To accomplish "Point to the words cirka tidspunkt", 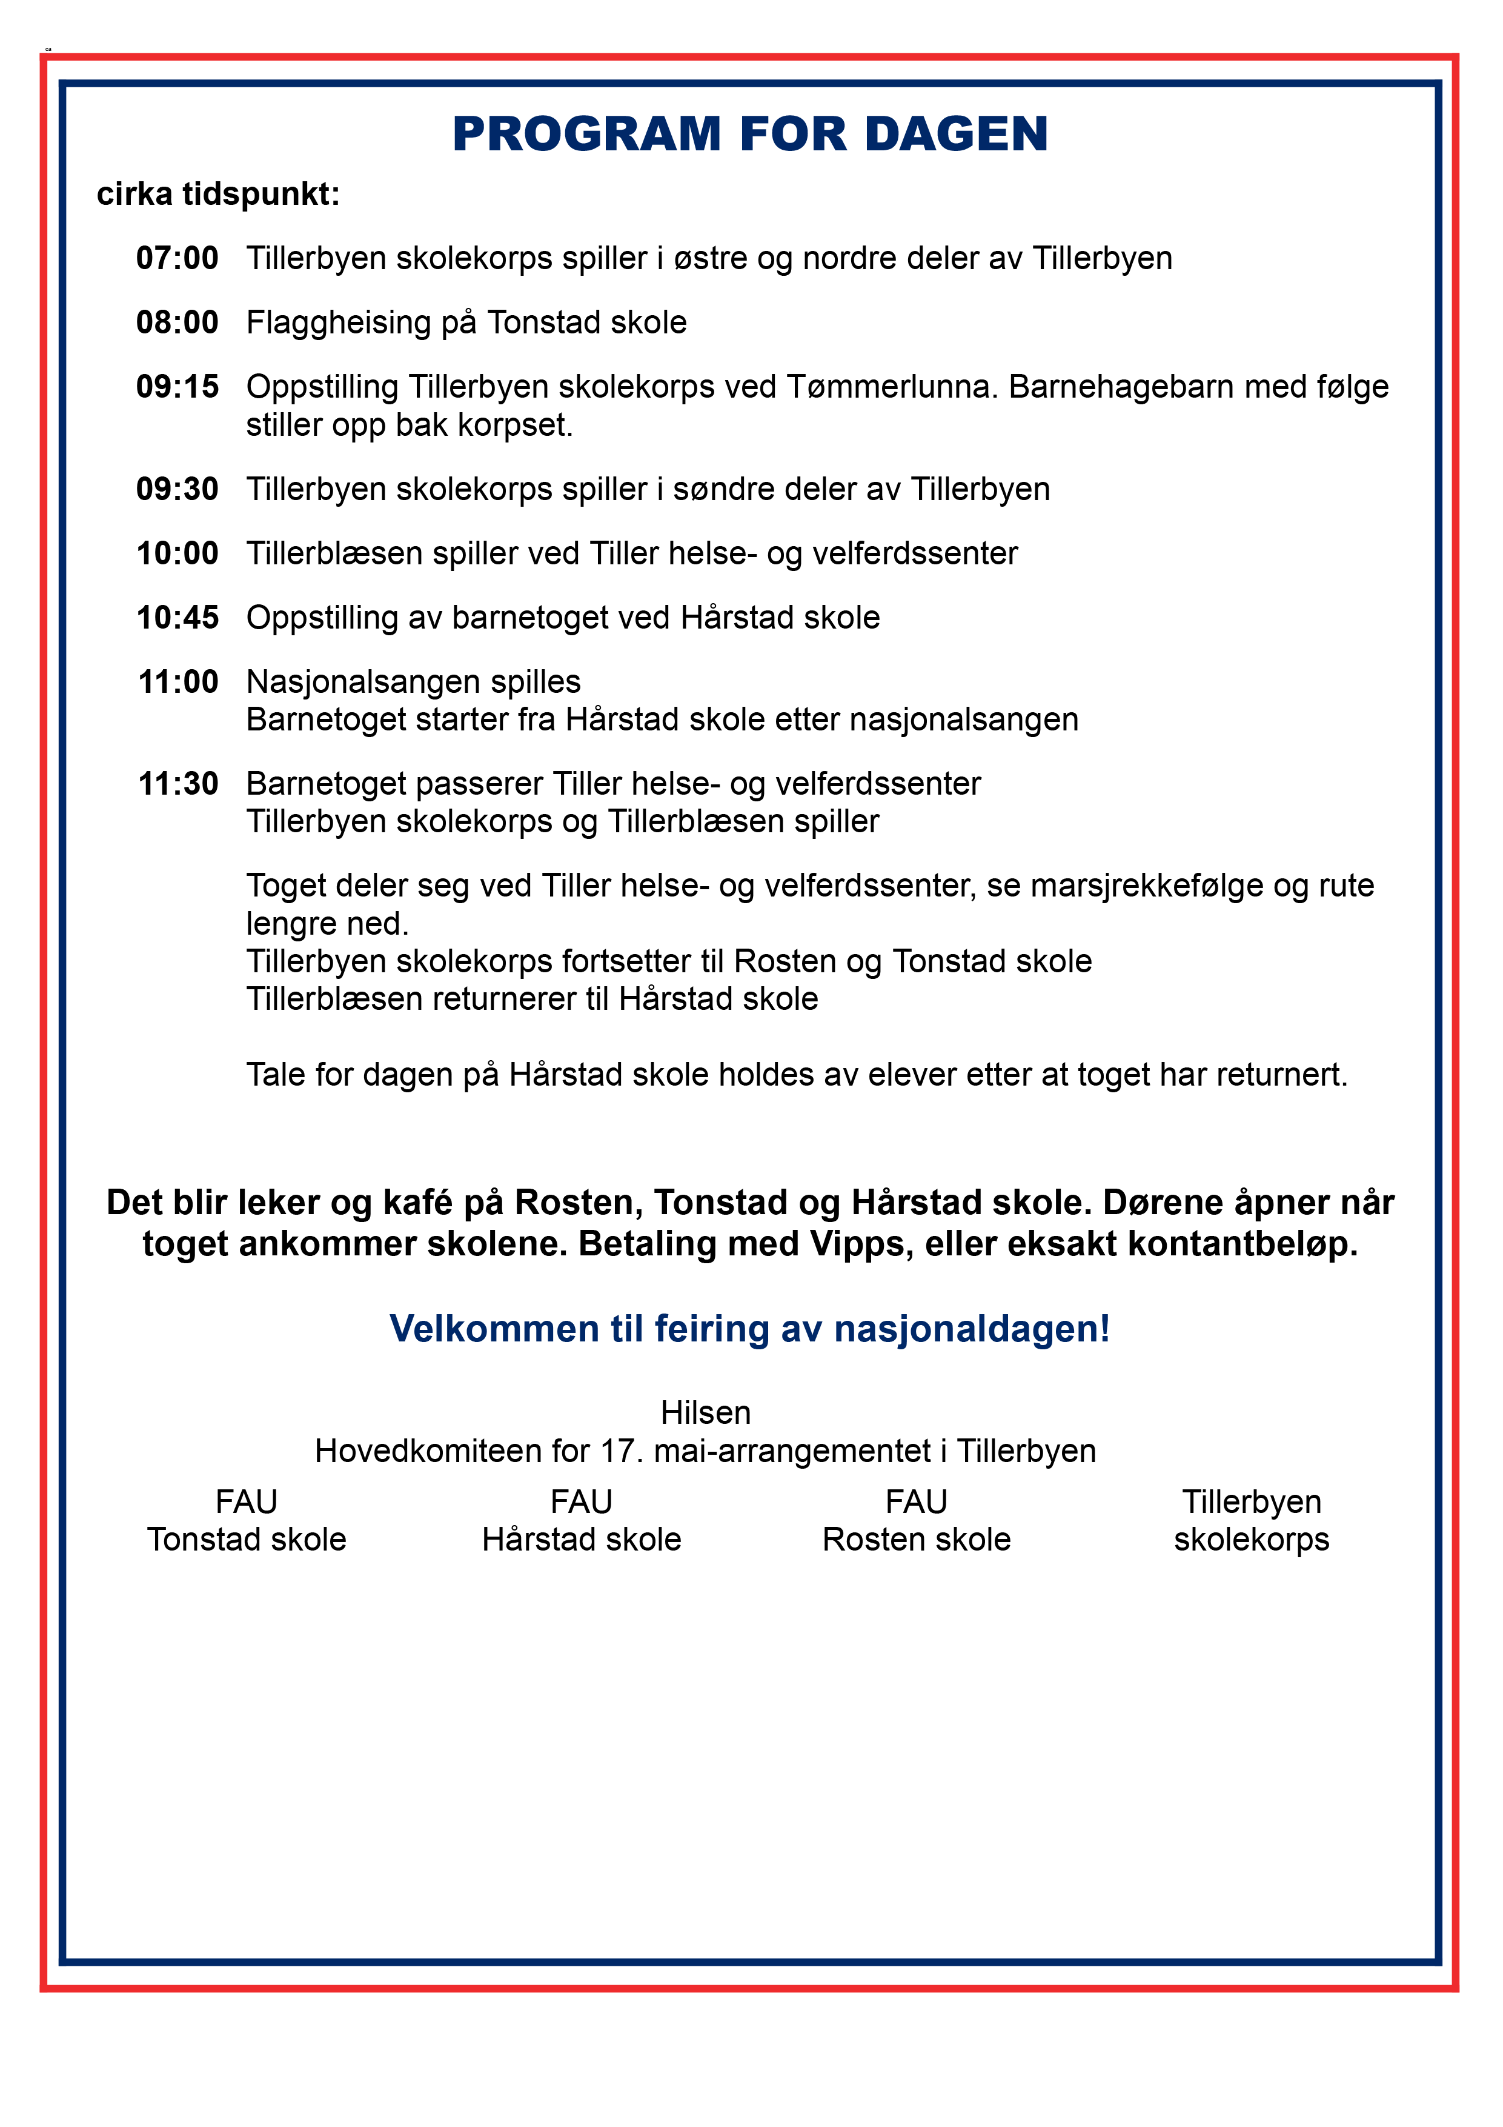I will coord(217,195).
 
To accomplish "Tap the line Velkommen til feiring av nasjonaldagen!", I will coord(749,1329).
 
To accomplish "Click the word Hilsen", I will coord(706,1413).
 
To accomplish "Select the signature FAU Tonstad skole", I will coord(247,1520).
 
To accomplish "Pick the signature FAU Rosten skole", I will coord(916,1520).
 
